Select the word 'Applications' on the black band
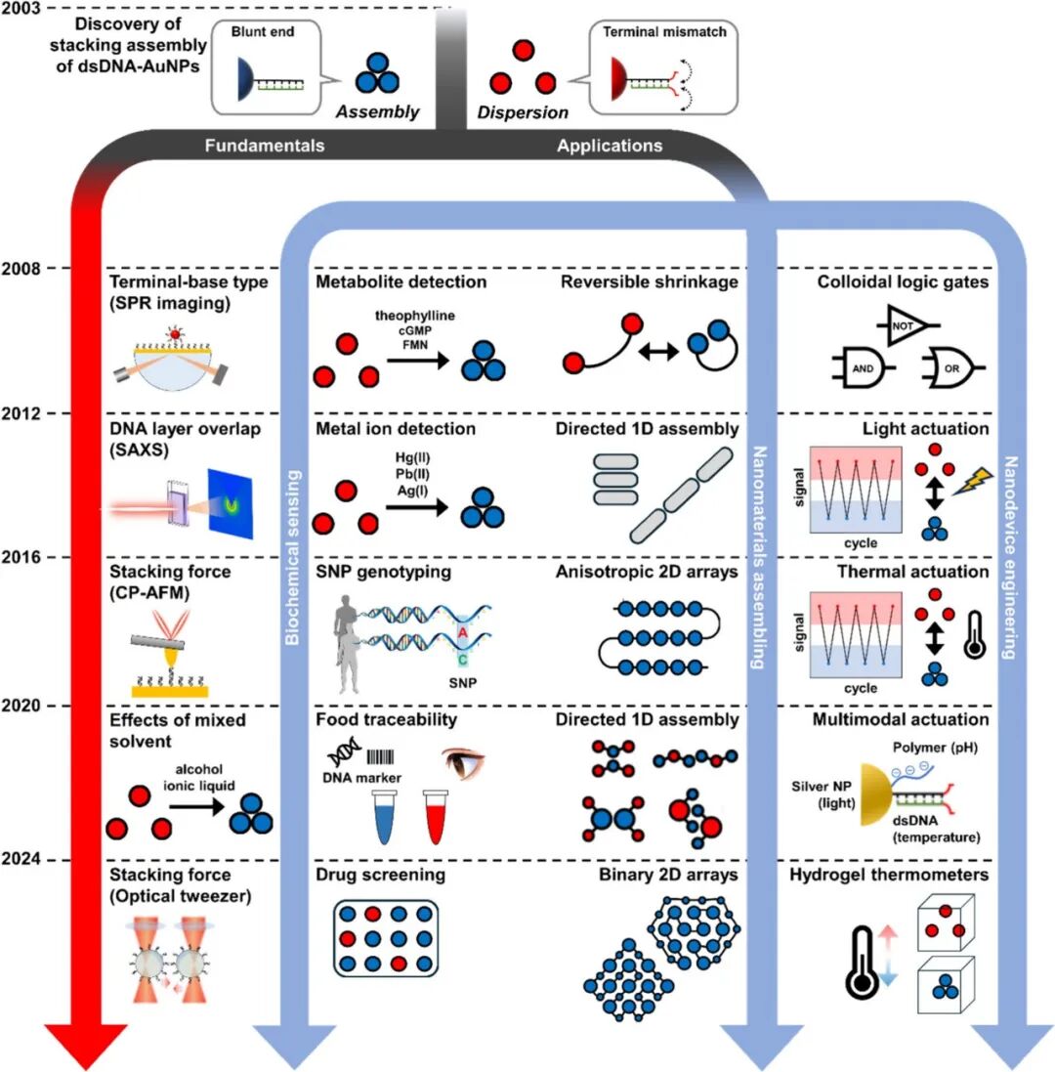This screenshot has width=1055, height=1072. [x=610, y=147]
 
